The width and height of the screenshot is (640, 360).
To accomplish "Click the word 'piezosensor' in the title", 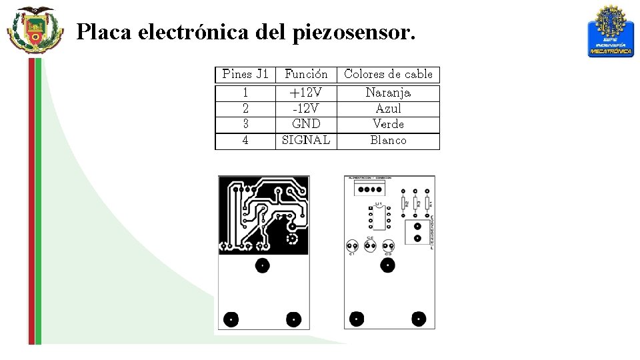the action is [353, 31].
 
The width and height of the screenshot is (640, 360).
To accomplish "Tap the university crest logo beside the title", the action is [35, 30].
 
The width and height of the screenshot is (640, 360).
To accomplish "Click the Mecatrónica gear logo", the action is [611, 31].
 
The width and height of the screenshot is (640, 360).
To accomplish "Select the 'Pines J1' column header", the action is [245, 74].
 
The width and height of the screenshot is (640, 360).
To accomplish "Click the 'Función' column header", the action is [306, 74].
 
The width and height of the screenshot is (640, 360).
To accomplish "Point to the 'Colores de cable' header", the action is [388, 74].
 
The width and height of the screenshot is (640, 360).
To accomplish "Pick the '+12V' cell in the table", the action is [306, 92].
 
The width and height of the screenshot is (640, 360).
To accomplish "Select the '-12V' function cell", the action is [306, 108].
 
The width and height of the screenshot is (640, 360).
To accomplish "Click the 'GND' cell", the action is [306, 124].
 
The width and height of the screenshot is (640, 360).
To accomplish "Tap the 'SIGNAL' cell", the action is [306, 140].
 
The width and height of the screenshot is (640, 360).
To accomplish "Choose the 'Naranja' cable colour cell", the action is [388, 92].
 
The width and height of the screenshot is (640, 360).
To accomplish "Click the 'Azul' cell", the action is [388, 108].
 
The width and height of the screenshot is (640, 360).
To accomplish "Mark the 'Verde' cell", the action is [388, 124].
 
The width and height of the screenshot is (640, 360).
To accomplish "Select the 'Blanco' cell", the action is [388, 140].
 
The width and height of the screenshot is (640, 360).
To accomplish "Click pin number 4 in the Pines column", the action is [245, 140].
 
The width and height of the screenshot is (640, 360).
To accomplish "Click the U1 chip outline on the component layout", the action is [378, 217].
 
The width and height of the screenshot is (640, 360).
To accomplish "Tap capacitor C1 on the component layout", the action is [352, 245].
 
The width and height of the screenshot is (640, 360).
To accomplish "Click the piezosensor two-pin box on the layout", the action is [417, 233].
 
